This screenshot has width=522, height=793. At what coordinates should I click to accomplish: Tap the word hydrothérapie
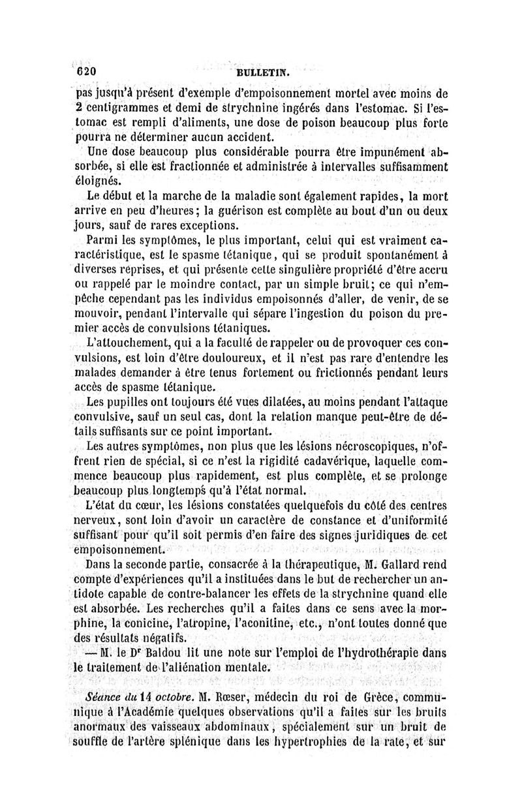[x=375, y=651]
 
